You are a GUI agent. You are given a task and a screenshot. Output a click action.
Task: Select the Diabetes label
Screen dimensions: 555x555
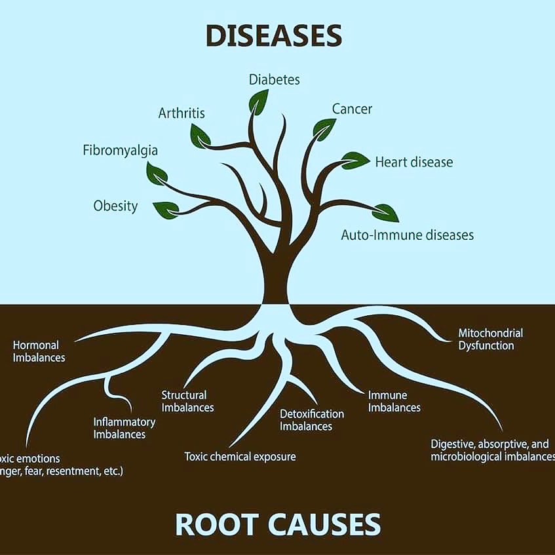pyautogui.click(x=274, y=80)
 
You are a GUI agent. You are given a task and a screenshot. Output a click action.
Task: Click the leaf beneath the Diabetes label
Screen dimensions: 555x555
pyautogui.click(x=258, y=101)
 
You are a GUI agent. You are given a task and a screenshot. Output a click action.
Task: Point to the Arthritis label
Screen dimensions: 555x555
pyautogui.click(x=182, y=113)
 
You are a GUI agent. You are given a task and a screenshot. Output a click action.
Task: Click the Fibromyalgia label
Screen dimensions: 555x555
pyautogui.click(x=120, y=151)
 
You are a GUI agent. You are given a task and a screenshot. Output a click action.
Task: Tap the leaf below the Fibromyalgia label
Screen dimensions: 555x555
pyautogui.click(x=157, y=174)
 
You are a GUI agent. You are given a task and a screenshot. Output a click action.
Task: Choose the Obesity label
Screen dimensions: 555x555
pyautogui.click(x=115, y=206)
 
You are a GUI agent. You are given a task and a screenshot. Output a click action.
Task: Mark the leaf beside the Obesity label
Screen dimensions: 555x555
pyautogui.click(x=165, y=209)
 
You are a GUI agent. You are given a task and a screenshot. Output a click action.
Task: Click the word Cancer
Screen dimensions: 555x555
pyautogui.click(x=352, y=109)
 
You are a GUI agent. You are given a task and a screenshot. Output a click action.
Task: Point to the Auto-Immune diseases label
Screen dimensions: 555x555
pyautogui.click(x=407, y=235)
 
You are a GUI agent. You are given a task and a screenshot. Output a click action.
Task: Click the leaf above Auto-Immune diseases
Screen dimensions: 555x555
pyautogui.click(x=385, y=212)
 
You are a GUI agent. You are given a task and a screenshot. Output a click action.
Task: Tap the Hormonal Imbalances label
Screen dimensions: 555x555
pyautogui.click(x=39, y=351)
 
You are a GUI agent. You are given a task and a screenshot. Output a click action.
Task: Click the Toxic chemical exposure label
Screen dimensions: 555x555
pyautogui.click(x=240, y=456)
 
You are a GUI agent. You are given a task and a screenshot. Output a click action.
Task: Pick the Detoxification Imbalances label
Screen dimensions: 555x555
pyautogui.click(x=312, y=420)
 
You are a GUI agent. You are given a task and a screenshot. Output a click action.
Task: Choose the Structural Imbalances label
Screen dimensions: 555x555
pyautogui.click(x=187, y=401)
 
